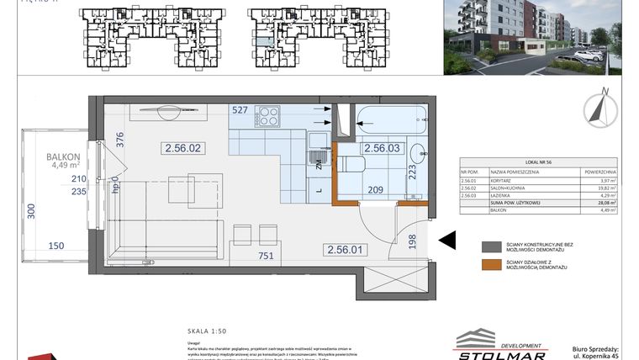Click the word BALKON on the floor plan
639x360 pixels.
(63, 156)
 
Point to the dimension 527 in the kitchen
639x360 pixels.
(240, 110)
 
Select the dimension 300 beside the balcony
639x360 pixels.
(32, 211)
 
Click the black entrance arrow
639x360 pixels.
(447, 241)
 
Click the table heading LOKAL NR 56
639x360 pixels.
(539, 162)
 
